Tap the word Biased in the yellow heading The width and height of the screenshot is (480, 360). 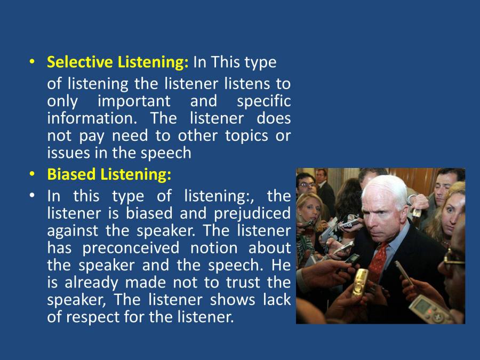pyautogui.click(x=71, y=174)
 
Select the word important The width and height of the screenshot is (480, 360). pyautogui.click(x=134, y=102)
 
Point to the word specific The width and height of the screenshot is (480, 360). pyautogui.click(x=263, y=102)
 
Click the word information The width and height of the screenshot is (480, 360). pyautogui.click(x=92, y=118)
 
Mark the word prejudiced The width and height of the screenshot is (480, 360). pyautogui.click(x=252, y=214)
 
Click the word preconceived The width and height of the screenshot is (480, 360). pyautogui.click(x=131, y=248)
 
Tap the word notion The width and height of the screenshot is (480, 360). pyautogui.click(x=214, y=248)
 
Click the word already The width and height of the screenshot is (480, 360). pyautogui.click(x=91, y=283)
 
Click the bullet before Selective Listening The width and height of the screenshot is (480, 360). pyautogui.click(x=32, y=61)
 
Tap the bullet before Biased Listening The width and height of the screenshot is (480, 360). pyautogui.click(x=32, y=174)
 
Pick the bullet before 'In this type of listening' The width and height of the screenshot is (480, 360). pyautogui.click(x=32, y=195)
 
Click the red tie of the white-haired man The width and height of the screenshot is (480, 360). pyautogui.click(x=378, y=259)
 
